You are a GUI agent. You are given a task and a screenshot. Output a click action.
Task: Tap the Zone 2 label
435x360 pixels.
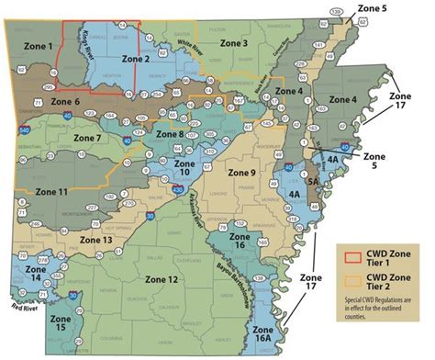click(x=135, y=59)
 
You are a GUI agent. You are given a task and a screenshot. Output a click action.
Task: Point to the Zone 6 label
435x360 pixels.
click(x=65, y=101)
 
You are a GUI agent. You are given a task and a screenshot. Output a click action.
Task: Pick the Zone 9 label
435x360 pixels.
click(x=242, y=172)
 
